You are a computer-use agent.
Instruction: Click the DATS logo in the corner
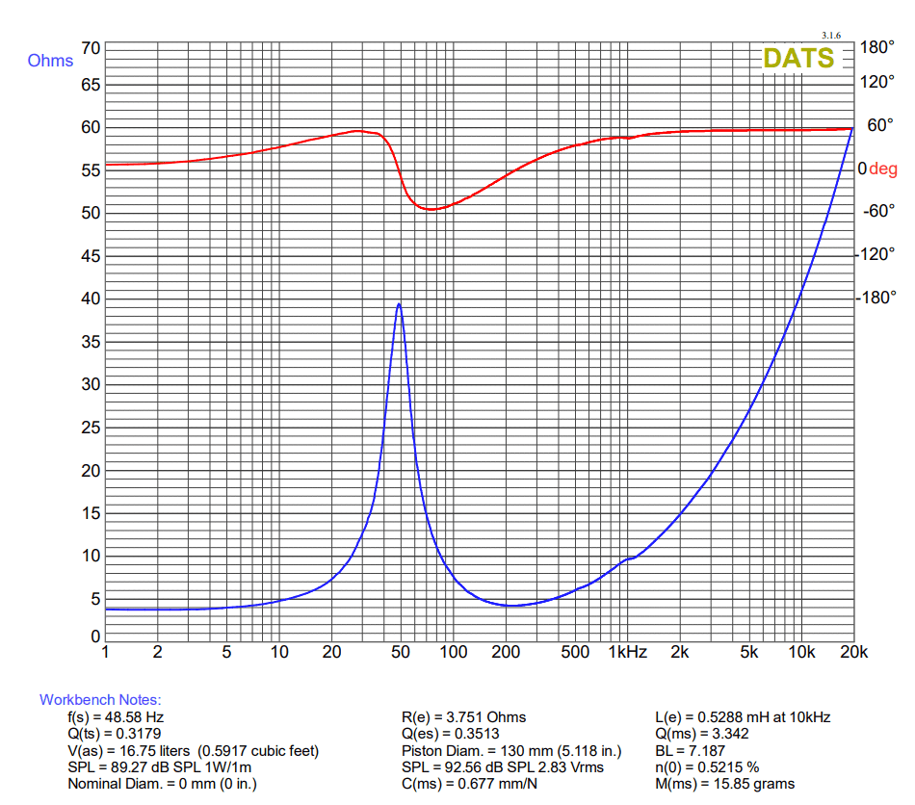point(798,58)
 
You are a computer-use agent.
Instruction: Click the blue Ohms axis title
point(50,61)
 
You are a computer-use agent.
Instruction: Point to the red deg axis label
point(882,169)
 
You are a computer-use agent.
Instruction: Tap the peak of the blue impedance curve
point(399,304)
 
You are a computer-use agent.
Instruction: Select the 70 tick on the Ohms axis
point(91,48)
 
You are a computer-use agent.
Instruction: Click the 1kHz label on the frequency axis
point(627,653)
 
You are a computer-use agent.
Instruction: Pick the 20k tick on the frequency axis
point(853,653)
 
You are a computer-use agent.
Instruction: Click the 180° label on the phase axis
point(876,48)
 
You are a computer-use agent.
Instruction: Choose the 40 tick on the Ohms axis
point(91,299)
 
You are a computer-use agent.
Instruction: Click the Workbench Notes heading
point(100,700)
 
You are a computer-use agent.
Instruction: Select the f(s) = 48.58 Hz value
point(116,717)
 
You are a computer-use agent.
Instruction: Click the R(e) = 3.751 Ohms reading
point(463,717)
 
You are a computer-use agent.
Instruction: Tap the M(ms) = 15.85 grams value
point(724,784)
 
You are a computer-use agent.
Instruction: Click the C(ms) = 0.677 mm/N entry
point(468,784)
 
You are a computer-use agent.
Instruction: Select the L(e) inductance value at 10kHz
point(742,717)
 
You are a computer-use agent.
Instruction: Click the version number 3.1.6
point(831,35)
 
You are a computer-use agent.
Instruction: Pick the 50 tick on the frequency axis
point(400,653)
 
